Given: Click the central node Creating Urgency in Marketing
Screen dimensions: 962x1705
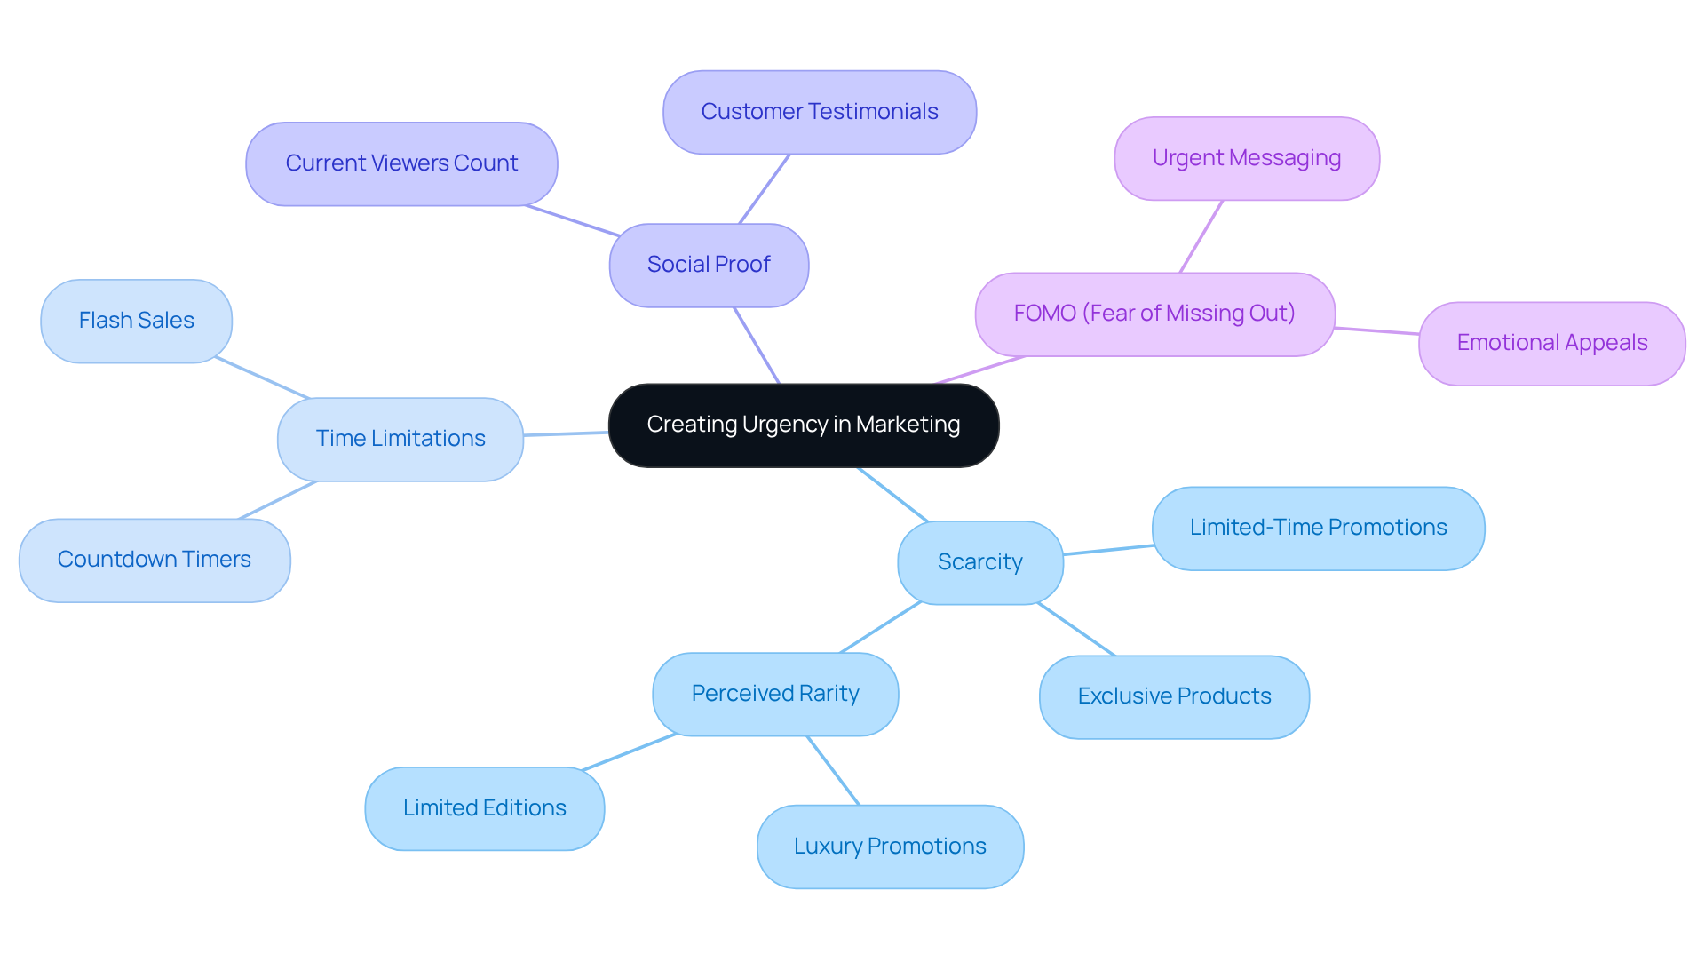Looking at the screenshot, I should coord(803,425).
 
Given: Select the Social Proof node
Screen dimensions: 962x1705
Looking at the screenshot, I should coord(709,265).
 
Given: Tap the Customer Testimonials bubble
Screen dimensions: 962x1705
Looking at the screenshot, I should coord(819,112).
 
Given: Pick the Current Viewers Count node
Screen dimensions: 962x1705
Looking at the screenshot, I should coord(401,163).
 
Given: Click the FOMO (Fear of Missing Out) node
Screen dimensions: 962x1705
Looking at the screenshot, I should coord(1154,314).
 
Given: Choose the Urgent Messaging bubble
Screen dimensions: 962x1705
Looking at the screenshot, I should coord(1246,158).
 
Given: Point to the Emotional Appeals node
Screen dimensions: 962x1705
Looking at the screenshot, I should coord(1551,343).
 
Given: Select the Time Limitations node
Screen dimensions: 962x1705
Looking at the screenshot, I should coord(400,439).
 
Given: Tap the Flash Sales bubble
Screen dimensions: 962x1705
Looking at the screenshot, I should coord(136,321).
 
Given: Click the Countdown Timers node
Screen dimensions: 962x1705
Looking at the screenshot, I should coord(155,560).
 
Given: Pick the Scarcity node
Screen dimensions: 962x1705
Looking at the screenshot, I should coord(979,562).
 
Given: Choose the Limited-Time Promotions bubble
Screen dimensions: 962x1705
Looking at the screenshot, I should coord(1318,528).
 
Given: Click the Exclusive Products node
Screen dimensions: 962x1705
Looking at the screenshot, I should coord(1174,696).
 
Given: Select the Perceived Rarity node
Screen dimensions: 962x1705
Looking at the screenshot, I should coord(774,694).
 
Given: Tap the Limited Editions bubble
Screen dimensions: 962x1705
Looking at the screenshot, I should coord(484,808).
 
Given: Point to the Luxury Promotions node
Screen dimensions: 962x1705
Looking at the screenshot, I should coord(890,847).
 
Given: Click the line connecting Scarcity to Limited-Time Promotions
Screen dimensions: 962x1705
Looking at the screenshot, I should coord(1108,550).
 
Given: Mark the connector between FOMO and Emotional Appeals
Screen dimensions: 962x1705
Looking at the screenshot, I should coord(1376,330).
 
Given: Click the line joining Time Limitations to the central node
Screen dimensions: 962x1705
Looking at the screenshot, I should coord(566,433).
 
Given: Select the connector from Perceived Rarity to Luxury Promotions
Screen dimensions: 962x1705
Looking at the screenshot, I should coord(833,770).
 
